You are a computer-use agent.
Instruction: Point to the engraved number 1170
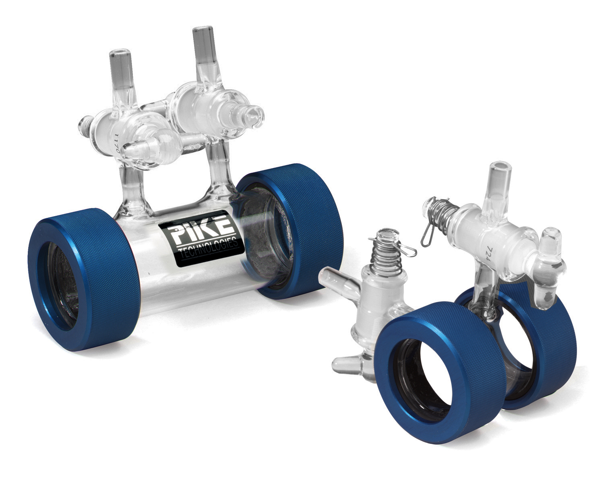tap(118, 144)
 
